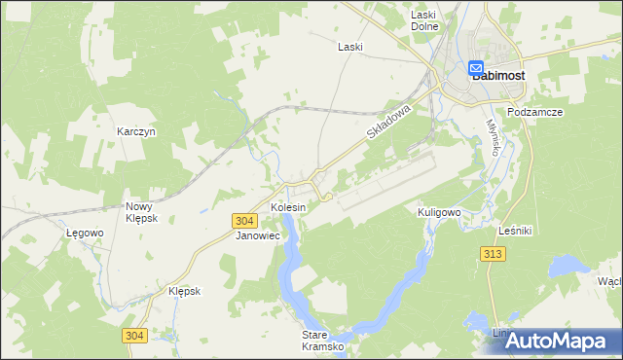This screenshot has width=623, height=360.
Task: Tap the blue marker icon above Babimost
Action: click(x=477, y=68)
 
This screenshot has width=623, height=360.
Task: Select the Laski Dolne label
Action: click(x=422, y=20)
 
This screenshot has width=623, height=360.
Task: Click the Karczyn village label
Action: click(x=136, y=131)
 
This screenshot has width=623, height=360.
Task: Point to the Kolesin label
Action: click(x=288, y=208)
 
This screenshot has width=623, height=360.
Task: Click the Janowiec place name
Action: click(x=258, y=235)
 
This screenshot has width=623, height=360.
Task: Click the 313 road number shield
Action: click(x=492, y=253)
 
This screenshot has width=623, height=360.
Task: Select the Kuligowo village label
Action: click(x=438, y=211)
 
